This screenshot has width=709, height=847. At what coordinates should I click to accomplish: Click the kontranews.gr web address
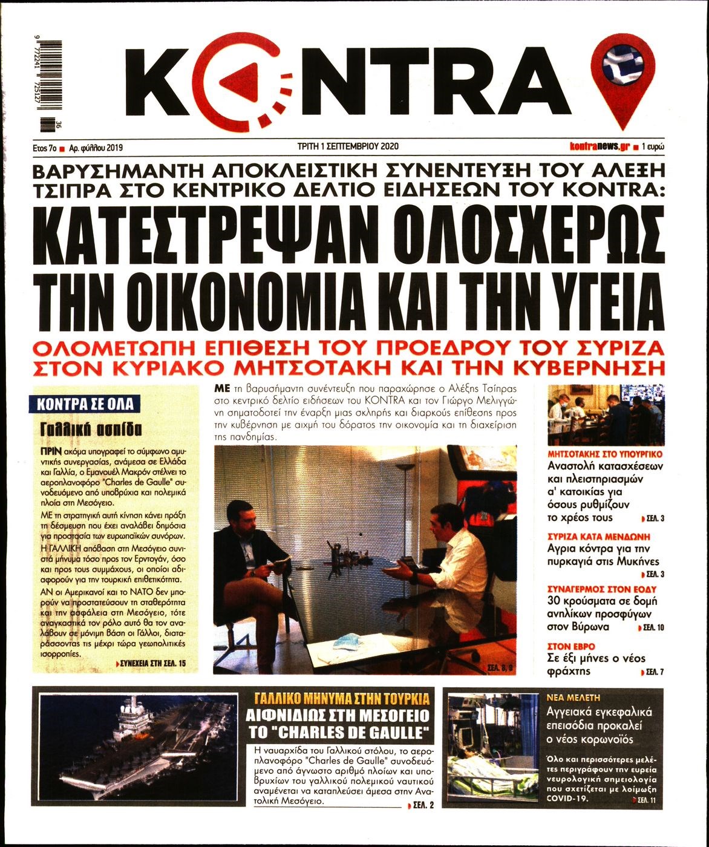(x=600, y=146)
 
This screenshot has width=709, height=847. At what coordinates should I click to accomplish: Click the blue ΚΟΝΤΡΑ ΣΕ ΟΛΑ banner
(x=85, y=404)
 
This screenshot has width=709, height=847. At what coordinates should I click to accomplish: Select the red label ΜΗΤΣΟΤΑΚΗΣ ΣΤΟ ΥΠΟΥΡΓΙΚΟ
(x=605, y=453)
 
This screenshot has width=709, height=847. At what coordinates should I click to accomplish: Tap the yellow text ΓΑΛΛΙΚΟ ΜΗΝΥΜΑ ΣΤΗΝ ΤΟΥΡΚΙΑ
(x=342, y=698)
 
